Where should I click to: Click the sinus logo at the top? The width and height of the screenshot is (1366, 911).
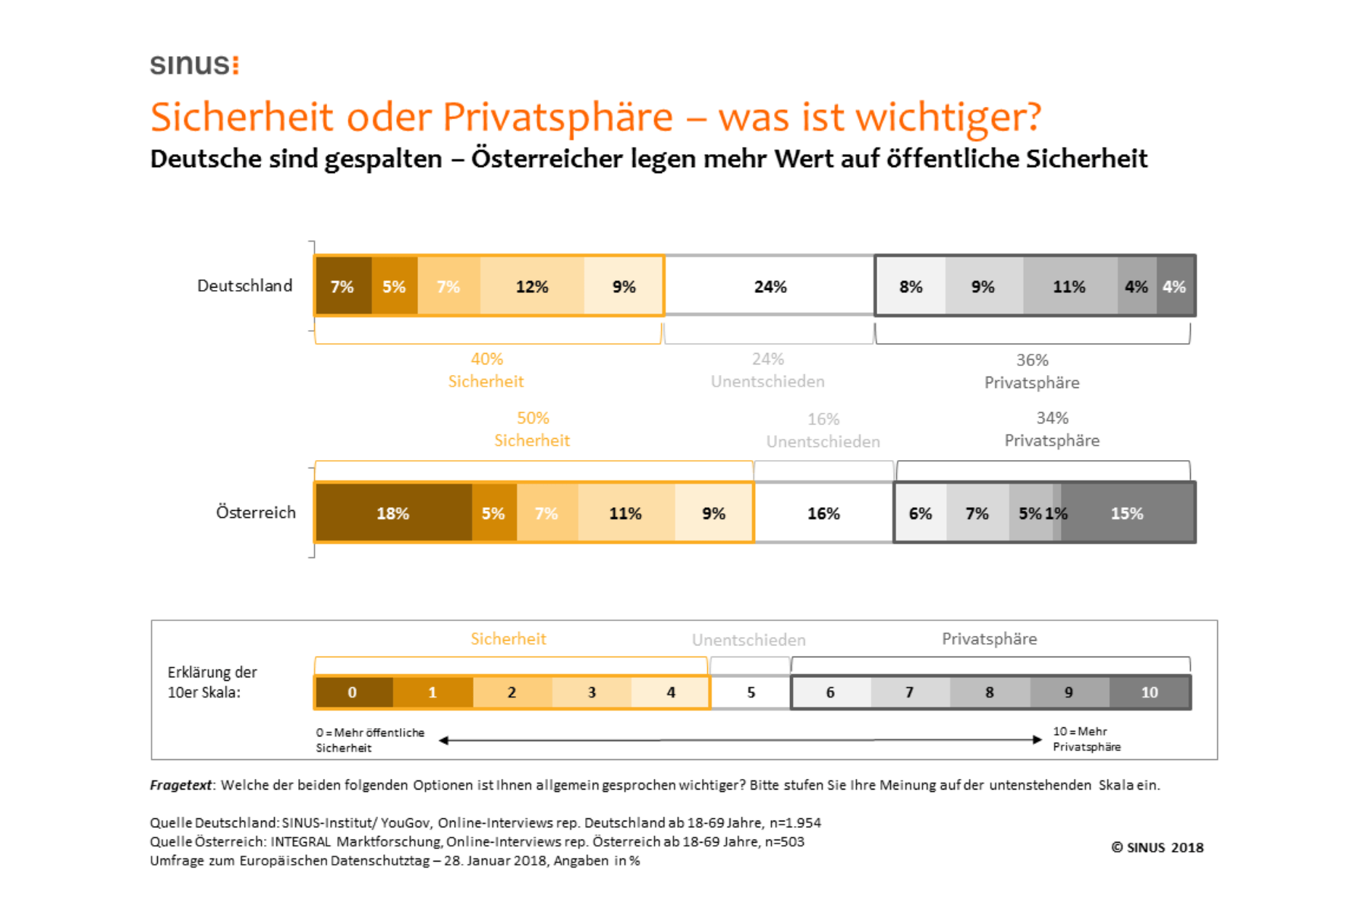pos(194,65)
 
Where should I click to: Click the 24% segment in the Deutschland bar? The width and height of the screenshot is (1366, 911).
pos(770,286)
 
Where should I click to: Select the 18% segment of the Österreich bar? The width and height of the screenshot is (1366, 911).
pos(393,513)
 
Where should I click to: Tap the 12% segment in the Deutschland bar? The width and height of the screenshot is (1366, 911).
pos(531,286)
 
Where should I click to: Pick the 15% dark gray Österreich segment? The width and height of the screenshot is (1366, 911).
pos(1127,513)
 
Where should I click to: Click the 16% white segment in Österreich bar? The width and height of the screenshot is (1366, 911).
pos(823,513)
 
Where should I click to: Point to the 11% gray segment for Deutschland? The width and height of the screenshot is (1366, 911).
pos(1069,286)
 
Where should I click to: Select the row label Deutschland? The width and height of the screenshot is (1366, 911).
pos(244,285)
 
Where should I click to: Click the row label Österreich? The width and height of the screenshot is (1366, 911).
pos(256,512)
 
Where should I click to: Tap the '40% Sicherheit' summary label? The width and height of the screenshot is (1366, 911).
pos(486,370)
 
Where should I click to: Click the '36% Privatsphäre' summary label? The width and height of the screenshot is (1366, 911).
pos(1032,371)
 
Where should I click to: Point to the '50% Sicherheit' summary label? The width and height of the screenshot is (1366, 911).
pos(532,429)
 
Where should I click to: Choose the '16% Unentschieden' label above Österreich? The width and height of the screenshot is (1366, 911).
pos(823,430)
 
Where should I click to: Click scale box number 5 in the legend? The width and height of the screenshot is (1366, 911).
pos(751,692)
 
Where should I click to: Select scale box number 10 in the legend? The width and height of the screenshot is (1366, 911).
pos(1149,692)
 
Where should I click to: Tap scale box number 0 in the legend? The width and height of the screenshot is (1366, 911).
pos(352,692)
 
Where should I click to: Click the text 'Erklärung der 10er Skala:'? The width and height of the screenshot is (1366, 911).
pos(212,682)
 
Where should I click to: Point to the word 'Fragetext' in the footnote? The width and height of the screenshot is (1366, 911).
pos(181,785)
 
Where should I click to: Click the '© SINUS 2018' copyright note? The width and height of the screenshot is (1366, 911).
pos(1157,847)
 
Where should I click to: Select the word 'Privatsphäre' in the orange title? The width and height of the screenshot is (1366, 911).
pos(558,118)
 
